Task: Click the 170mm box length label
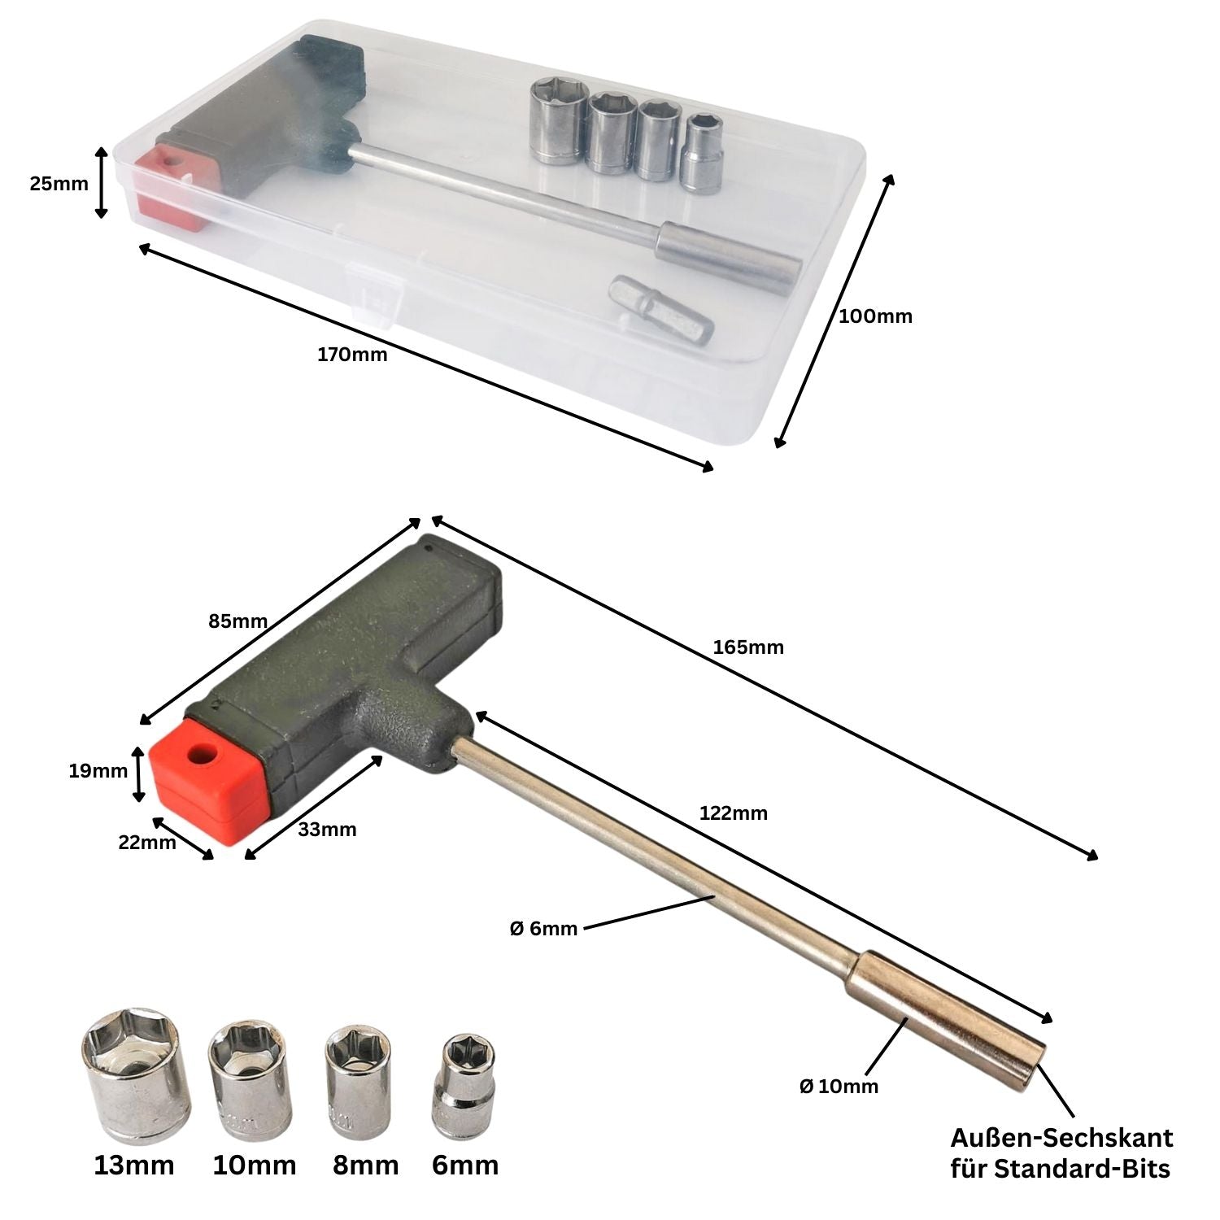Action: [x=352, y=355]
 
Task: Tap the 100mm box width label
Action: [x=875, y=316]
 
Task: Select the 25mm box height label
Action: [x=59, y=184]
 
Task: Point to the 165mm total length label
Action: [x=748, y=647]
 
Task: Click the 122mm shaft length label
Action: [x=733, y=813]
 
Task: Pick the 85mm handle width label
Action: [x=238, y=621]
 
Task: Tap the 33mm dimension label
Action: [x=327, y=830]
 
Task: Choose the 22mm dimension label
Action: [x=147, y=843]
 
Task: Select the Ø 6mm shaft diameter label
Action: [x=543, y=928]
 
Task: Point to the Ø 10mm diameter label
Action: [x=839, y=1086]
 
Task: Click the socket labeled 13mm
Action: [x=135, y=1076]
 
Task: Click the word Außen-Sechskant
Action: [x=1061, y=1136]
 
